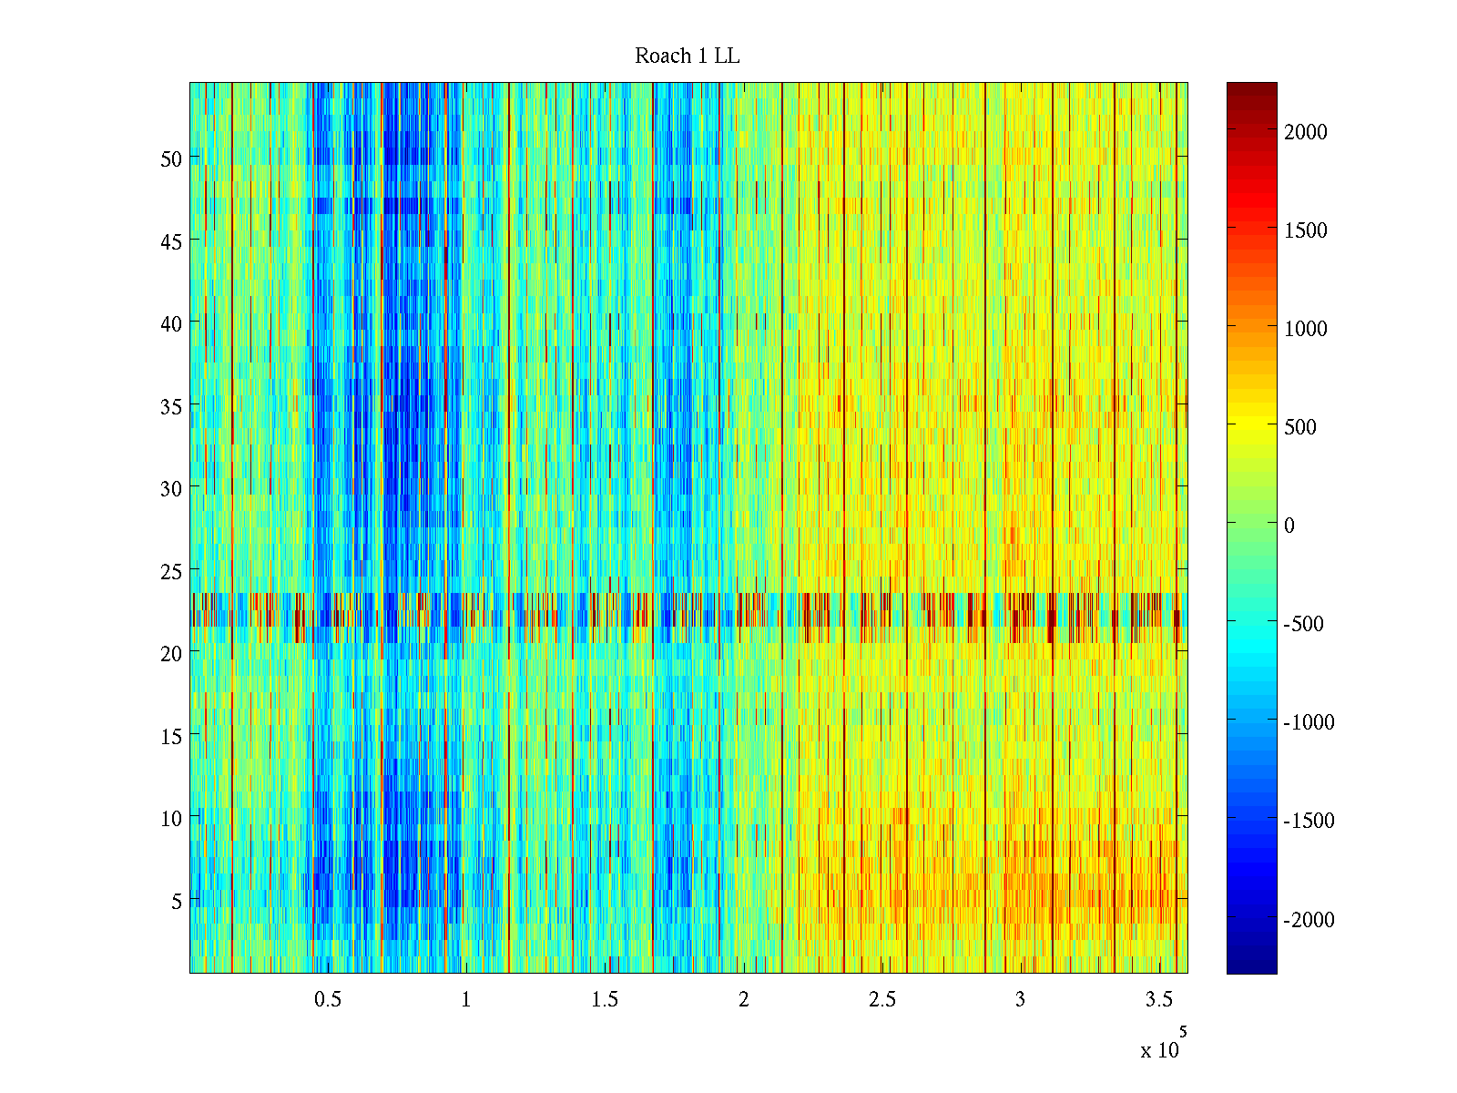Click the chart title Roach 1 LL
click(687, 56)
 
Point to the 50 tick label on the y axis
click(171, 158)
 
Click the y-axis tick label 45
click(171, 241)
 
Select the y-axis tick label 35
click(171, 406)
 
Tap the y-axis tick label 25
click(171, 571)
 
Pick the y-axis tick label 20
click(171, 653)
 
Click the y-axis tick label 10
click(171, 818)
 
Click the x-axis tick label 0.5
click(328, 1000)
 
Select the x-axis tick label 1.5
click(605, 1000)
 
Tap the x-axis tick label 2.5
click(882, 1000)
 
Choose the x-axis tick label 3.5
click(1159, 1000)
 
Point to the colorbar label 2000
click(1306, 132)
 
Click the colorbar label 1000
click(1306, 329)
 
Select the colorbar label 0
click(1289, 526)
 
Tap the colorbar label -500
click(1304, 624)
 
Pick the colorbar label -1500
click(1309, 821)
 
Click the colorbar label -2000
click(1309, 920)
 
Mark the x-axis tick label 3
click(1020, 1000)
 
